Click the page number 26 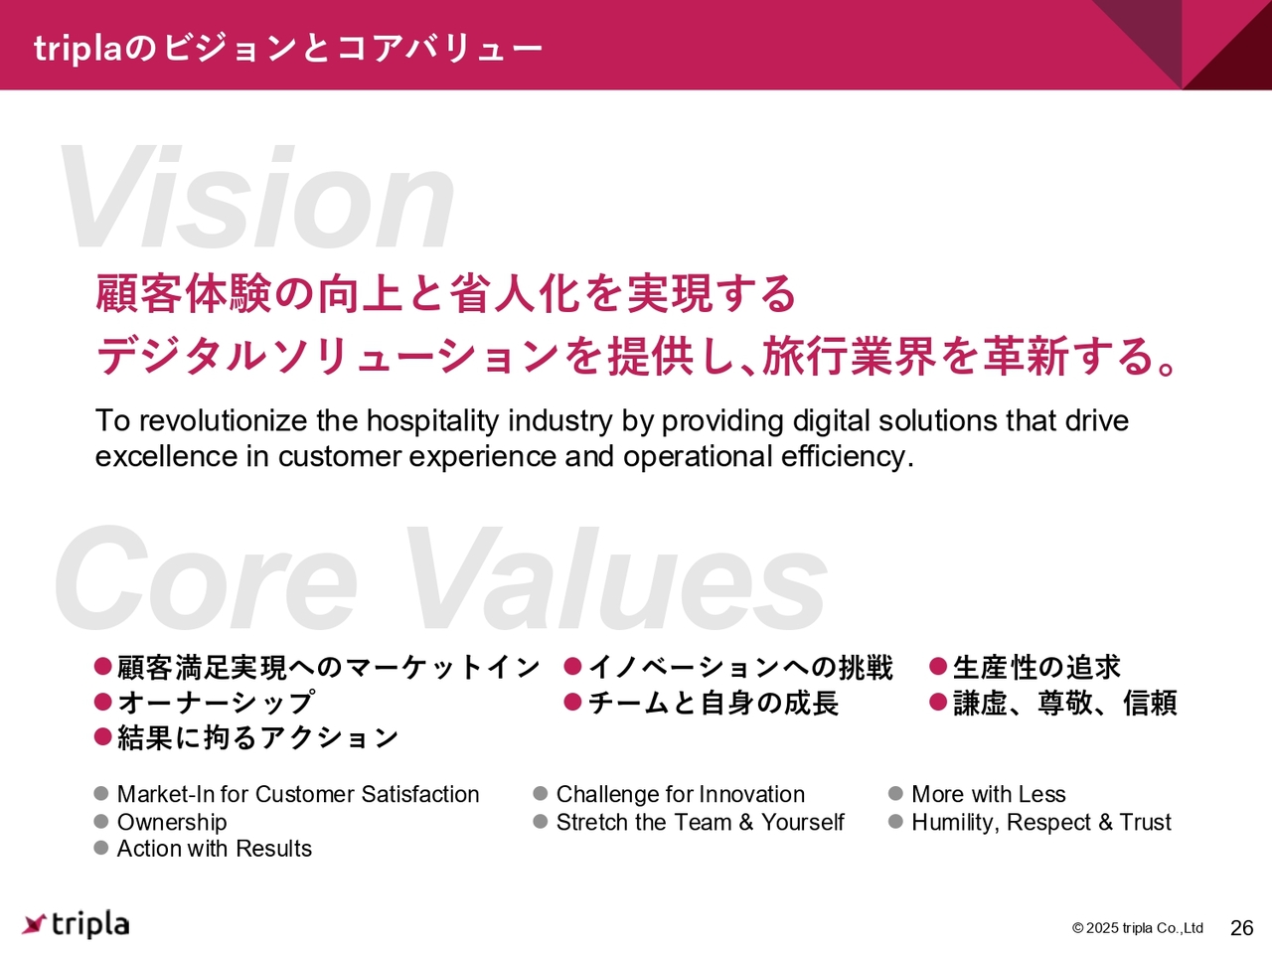[x=1242, y=928]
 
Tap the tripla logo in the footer [x=76, y=924]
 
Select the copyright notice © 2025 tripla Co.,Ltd [x=1138, y=928]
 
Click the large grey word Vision [x=256, y=197]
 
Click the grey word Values [x=615, y=578]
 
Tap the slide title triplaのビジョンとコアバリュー [x=288, y=48]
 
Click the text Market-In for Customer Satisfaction [x=298, y=794]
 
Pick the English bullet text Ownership [x=172, y=822]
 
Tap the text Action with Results [x=215, y=849]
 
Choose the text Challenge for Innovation [x=681, y=794]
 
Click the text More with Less [x=988, y=794]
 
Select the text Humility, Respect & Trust [x=1041, y=822]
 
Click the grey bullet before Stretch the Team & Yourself [x=540, y=821]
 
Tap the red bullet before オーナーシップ [x=102, y=702]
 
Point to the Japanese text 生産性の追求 [x=1036, y=667]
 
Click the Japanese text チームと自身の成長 [x=714, y=703]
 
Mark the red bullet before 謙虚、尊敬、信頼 [x=938, y=702]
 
